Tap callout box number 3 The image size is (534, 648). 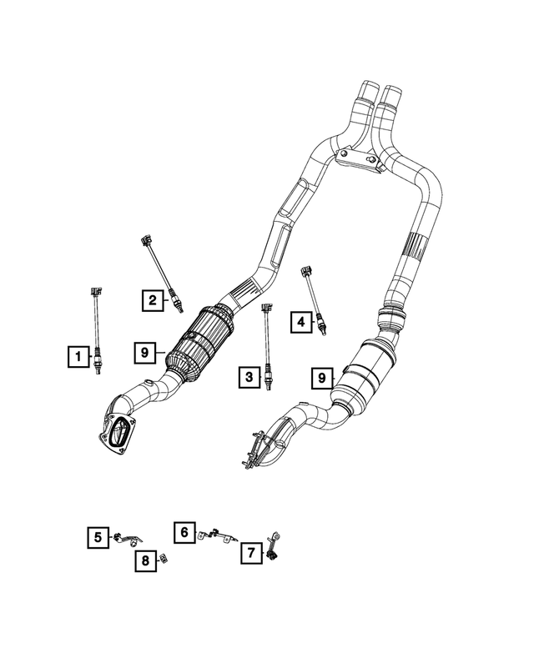pos(248,379)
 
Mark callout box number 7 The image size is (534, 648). pos(249,551)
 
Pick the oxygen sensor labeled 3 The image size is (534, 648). pos(268,346)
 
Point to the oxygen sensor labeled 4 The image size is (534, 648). pos(313,299)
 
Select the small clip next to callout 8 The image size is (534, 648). pos(164,558)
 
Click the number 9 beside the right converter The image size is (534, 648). pos(320,379)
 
